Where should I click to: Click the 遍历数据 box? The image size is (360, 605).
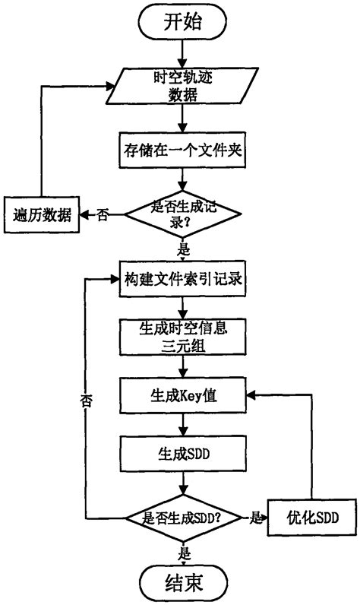click(39, 215)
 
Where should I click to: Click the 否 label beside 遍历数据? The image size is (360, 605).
click(102, 215)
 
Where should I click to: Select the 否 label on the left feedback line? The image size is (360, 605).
click(85, 404)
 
